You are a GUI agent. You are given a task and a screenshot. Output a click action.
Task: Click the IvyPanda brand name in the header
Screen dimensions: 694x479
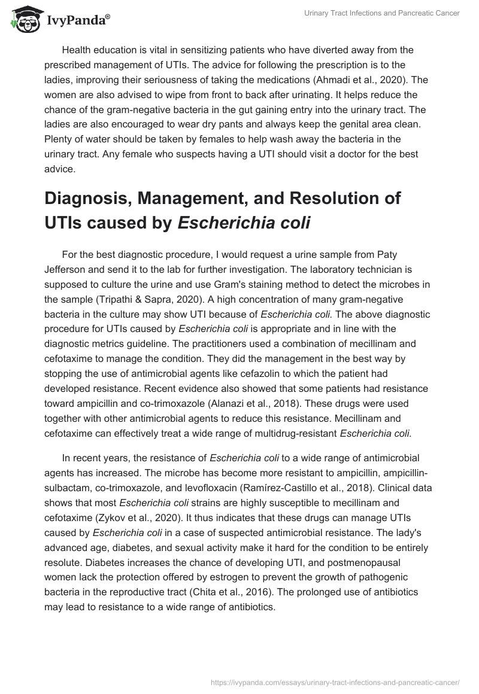pyautogui.click(x=77, y=20)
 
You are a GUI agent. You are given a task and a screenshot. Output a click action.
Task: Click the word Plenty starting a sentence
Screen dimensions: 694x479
pyautogui.click(x=59, y=139)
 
